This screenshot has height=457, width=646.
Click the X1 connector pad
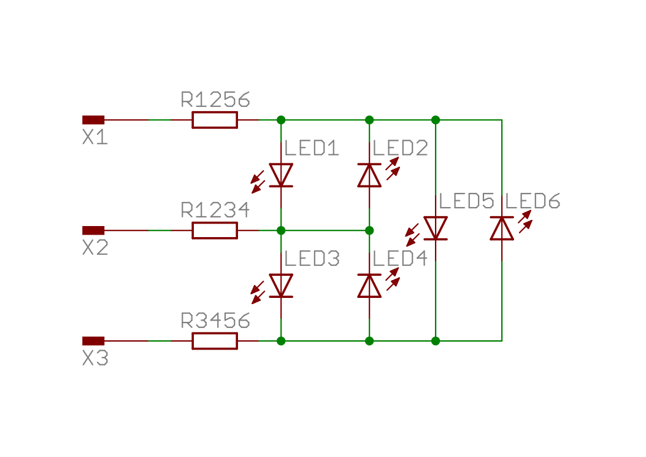[x=93, y=120]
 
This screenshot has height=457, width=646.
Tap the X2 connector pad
[x=93, y=230]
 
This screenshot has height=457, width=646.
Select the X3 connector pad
[x=93, y=341]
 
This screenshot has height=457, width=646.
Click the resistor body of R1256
[x=215, y=120]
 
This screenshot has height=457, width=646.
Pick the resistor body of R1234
[x=215, y=230]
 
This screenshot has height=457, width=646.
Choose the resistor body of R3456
[x=215, y=341]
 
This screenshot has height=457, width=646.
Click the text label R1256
[x=215, y=100]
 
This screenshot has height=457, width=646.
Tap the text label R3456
[x=215, y=321]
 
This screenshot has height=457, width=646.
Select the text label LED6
[x=533, y=201]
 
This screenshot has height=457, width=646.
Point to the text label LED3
[x=312, y=259]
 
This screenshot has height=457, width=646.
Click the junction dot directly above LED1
[x=281, y=120]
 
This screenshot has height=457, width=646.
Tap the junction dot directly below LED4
[x=369, y=341]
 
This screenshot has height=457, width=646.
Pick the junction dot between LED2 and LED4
[x=369, y=230]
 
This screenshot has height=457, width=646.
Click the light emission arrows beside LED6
[x=525, y=222]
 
